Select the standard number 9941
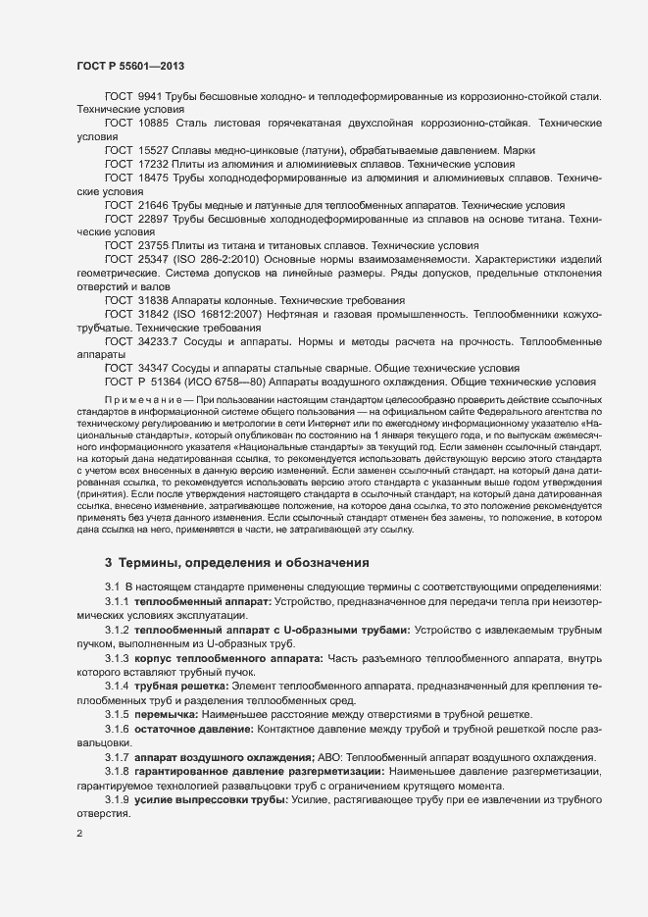click(147, 96)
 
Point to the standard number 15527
click(151, 151)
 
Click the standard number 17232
click(151, 165)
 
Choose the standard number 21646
click(151, 206)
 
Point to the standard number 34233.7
click(160, 339)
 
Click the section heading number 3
click(108, 562)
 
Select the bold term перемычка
click(177, 715)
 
